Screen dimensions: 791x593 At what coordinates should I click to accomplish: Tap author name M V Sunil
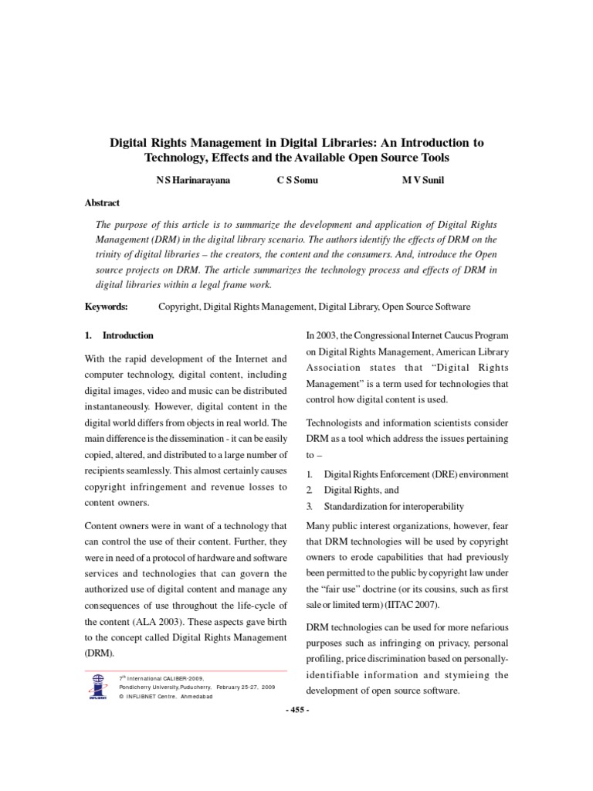[x=417, y=180]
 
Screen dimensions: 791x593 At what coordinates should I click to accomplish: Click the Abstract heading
[x=102, y=203]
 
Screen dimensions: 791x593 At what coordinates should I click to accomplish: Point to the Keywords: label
[x=107, y=307]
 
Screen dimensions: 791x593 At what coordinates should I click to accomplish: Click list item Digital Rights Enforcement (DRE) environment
[x=416, y=474]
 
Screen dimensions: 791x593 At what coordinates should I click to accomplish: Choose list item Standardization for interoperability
[x=394, y=507]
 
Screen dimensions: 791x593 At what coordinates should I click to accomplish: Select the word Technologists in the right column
[x=338, y=423]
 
